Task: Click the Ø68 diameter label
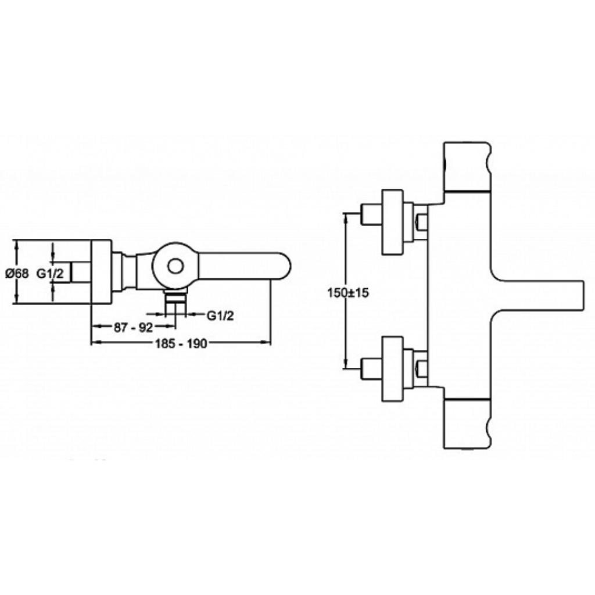click(x=17, y=273)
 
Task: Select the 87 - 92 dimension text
click(x=133, y=327)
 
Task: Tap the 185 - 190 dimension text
click(x=181, y=343)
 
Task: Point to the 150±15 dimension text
click(x=348, y=293)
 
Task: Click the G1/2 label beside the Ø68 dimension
click(x=50, y=273)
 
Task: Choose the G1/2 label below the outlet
click(x=220, y=315)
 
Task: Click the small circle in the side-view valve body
click(x=175, y=266)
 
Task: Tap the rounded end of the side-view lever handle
click(x=283, y=266)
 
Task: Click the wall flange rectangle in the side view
click(x=101, y=271)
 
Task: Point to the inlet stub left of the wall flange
click(x=80, y=272)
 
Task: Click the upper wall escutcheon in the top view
click(x=392, y=221)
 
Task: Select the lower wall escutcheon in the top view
click(x=392, y=368)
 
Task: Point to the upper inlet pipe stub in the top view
click(x=371, y=215)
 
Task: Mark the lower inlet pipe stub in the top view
click(x=371, y=368)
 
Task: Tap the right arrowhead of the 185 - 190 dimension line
click(x=266, y=343)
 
